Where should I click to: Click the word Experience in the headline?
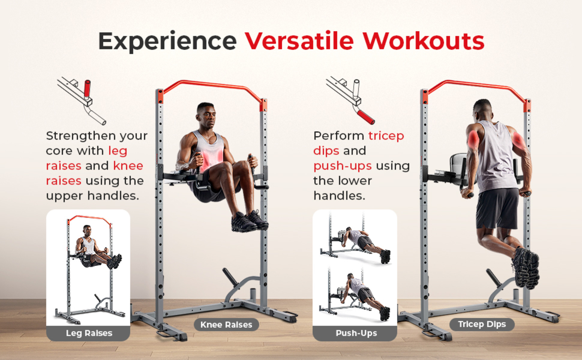[167, 41]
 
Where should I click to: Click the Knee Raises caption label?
[226, 325]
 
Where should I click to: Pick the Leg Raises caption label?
[89, 333]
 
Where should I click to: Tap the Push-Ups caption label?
[356, 333]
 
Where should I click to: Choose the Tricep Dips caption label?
[482, 324]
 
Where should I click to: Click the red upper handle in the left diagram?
[87, 88]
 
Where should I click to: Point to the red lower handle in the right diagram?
[366, 117]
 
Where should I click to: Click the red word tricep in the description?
[386, 136]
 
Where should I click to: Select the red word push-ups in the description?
[343, 166]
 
